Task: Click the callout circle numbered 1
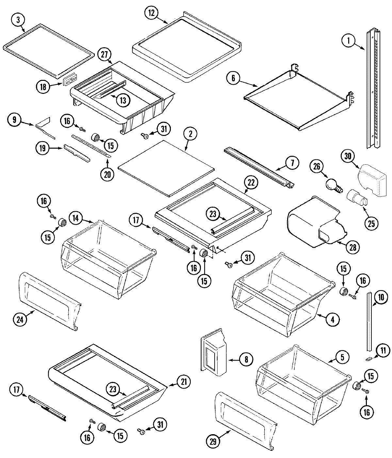pyautogui.click(x=349, y=41)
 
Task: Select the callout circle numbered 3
pyautogui.click(x=18, y=20)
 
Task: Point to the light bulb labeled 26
pyautogui.click(x=332, y=185)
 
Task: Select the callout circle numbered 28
pyautogui.click(x=352, y=247)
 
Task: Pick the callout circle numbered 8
pyautogui.click(x=246, y=360)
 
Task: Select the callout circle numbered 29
pyautogui.click(x=213, y=442)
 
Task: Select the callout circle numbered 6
pyautogui.click(x=232, y=78)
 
